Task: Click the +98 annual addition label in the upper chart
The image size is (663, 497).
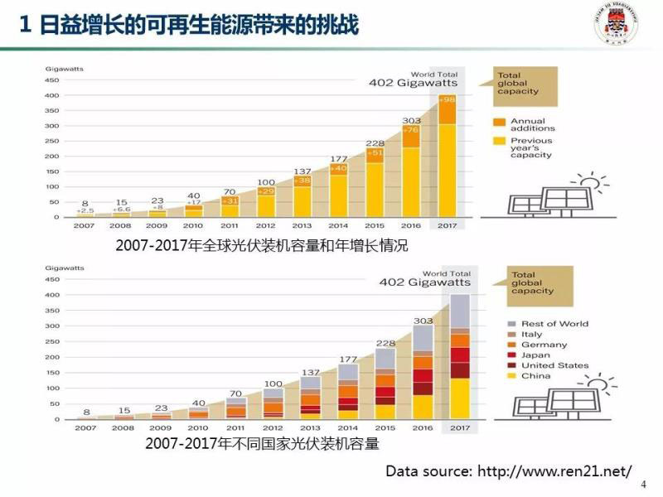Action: (448, 100)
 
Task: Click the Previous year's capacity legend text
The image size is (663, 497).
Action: (531, 147)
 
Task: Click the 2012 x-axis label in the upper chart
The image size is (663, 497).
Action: (266, 225)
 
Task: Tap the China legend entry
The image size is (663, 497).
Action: (535, 376)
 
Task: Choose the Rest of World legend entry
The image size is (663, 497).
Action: (554, 324)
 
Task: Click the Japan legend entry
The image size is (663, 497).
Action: (535, 355)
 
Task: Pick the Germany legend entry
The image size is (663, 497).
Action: (544, 345)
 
